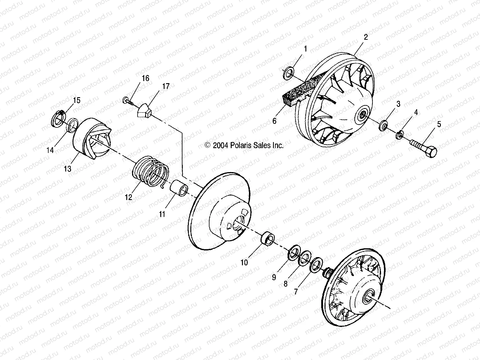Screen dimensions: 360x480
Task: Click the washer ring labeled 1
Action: click(288, 74)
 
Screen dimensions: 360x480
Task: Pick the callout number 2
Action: click(366, 37)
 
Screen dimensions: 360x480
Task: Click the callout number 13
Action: click(67, 168)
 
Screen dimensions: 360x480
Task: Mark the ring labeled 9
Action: click(293, 253)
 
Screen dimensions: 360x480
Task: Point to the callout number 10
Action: click(244, 263)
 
